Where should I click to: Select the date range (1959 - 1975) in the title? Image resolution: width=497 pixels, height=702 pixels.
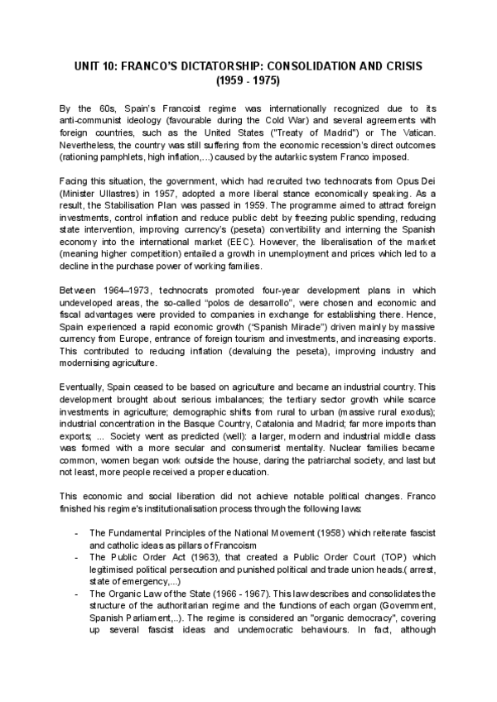pyautogui.click(x=248, y=81)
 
